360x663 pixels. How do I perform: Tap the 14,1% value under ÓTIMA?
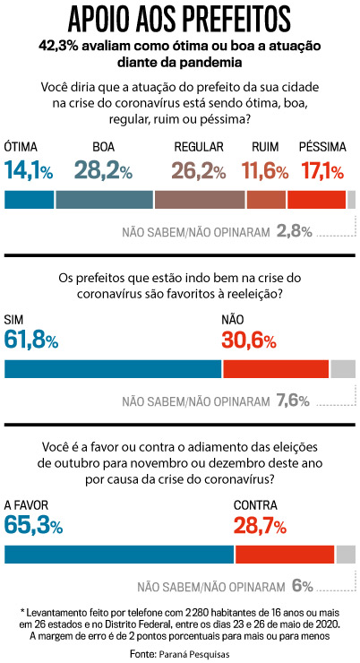pyautogui.click(x=29, y=170)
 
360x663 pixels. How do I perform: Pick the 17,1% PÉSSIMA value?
pyautogui.click(x=321, y=170)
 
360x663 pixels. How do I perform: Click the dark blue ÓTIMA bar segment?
pyautogui.click(x=29, y=200)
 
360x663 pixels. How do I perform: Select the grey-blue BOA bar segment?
pyautogui.click(x=104, y=200)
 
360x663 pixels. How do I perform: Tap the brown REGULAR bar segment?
pyautogui.click(x=199, y=200)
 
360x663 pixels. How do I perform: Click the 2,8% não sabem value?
pyautogui.click(x=294, y=231)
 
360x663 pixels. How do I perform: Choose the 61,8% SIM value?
pyautogui.click(x=31, y=340)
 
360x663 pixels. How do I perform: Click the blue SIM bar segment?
pyautogui.click(x=113, y=368)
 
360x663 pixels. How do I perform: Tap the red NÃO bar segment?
pyautogui.click(x=276, y=368)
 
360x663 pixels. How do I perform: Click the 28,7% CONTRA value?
pyautogui.click(x=260, y=526)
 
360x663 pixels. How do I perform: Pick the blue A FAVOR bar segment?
pyautogui.click(x=119, y=555)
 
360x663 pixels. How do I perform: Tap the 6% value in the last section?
pyautogui.click(x=302, y=587)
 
